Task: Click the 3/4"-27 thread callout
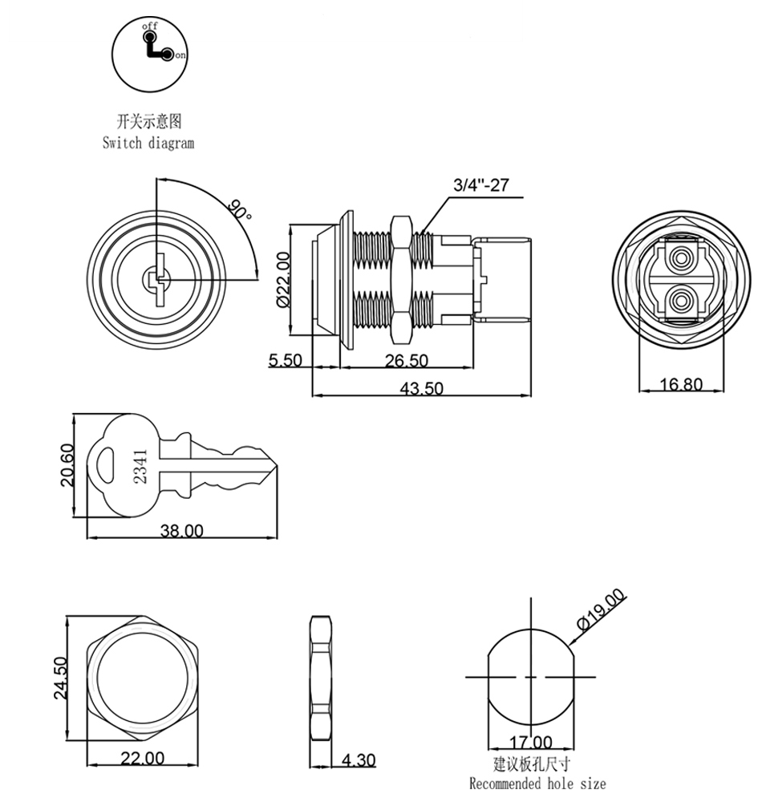point(481,185)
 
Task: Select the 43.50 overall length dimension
point(422,388)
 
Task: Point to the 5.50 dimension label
point(286,361)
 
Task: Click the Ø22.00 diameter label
point(282,279)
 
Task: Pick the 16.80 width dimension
point(681,385)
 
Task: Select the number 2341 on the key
point(140,465)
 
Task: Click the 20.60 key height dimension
point(67,465)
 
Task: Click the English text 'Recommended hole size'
point(537,784)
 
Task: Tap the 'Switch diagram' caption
point(148,143)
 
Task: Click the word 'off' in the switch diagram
point(150,26)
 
